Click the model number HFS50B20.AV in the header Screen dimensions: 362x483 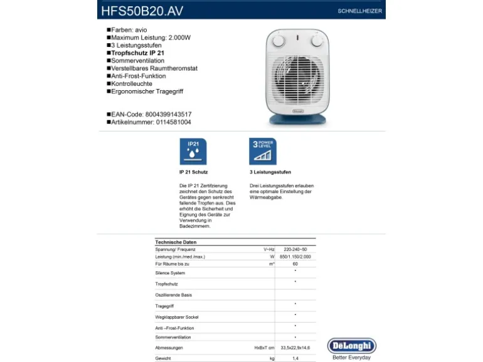click(143, 10)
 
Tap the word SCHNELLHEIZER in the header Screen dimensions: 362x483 click(359, 11)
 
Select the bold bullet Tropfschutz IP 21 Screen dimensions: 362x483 click(137, 53)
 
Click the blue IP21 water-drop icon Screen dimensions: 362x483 click(193, 152)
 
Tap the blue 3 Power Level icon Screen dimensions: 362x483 click(263, 152)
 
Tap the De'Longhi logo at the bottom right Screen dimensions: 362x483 click(351, 346)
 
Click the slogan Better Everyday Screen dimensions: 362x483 click(351, 358)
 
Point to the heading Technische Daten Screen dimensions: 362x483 click(176, 242)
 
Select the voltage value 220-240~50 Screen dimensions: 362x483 click(295, 249)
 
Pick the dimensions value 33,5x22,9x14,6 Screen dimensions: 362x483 click(295, 348)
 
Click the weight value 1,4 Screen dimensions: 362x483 click(295, 358)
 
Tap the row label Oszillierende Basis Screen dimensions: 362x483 click(174, 294)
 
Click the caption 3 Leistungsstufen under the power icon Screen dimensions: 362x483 click(270, 172)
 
